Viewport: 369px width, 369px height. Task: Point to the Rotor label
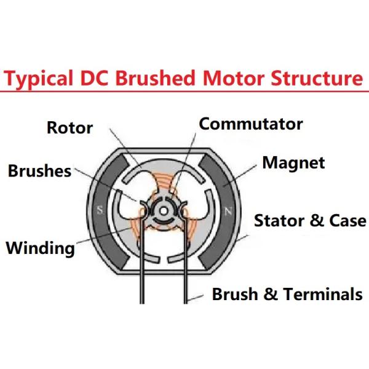(x=69, y=128)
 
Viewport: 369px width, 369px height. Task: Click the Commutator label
(x=251, y=124)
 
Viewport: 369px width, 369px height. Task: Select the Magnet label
(x=293, y=163)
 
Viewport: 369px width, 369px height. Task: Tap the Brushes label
(x=40, y=171)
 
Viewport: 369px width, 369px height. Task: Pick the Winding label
(x=40, y=248)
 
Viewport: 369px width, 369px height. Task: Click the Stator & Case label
(x=310, y=220)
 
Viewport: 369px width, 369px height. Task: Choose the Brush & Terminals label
(x=287, y=294)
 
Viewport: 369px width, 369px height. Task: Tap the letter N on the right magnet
(x=228, y=211)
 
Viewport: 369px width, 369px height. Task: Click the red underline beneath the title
(x=184, y=91)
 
